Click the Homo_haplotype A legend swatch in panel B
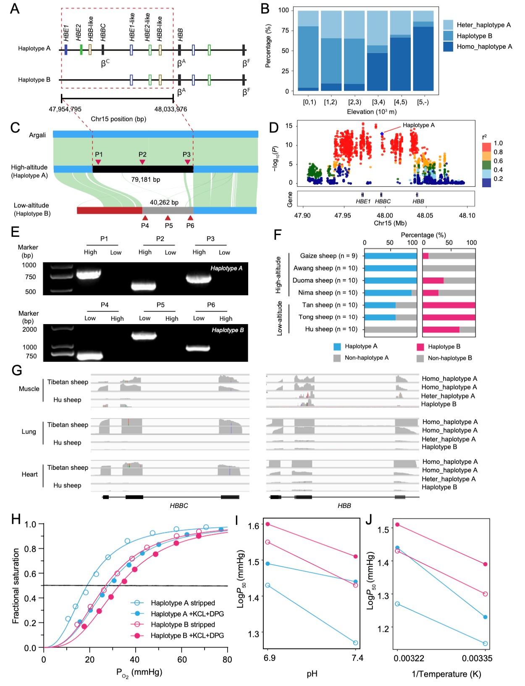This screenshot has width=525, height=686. click(x=448, y=47)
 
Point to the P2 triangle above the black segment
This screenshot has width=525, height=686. click(x=142, y=162)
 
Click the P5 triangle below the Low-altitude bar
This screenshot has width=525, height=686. click(x=168, y=218)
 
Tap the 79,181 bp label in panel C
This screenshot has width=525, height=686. click(x=146, y=180)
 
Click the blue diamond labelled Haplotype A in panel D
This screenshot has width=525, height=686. click(x=382, y=134)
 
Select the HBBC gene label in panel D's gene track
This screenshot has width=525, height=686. click(x=383, y=202)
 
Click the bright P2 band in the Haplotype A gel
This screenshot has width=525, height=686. click(x=144, y=286)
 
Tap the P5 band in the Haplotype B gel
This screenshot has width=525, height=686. click(x=144, y=335)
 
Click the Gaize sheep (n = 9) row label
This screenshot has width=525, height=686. click(x=328, y=256)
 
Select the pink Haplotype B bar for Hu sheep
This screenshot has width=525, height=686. click(x=441, y=330)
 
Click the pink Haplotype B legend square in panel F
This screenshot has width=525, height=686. click(x=420, y=347)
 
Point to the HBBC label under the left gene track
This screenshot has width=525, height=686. click(x=178, y=505)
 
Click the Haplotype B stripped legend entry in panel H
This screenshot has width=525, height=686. click(x=183, y=625)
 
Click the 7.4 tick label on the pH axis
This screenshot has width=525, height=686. click(x=357, y=658)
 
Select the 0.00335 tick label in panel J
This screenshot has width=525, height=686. click(x=477, y=658)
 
